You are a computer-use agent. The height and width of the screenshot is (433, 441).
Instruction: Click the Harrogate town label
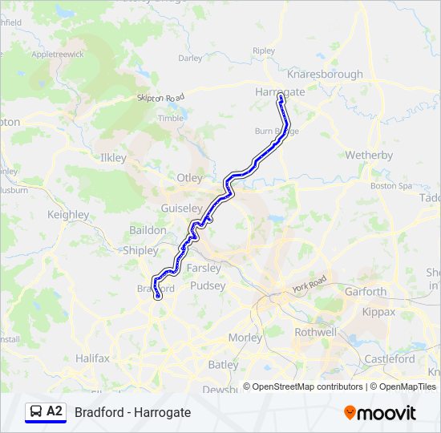click(280, 91)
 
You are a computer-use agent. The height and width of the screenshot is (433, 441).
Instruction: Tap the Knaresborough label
click(325, 74)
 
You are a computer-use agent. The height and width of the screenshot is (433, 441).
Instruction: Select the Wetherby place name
click(369, 155)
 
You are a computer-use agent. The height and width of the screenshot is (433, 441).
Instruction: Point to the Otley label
click(190, 177)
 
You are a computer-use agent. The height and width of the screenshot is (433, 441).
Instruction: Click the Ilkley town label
click(113, 158)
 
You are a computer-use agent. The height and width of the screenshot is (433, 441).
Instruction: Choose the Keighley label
click(68, 215)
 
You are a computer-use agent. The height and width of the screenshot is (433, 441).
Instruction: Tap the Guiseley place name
click(180, 207)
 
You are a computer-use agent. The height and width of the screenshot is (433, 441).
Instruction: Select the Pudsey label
click(208, 285)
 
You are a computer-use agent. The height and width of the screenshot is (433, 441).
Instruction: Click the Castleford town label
click(390, 359)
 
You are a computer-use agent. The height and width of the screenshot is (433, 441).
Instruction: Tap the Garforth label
click(366, 292)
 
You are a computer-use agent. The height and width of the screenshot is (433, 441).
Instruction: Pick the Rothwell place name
click(315, 332)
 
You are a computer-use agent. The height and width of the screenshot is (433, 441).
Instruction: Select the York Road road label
click(310, 283)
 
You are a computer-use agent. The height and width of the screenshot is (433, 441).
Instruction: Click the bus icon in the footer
click(35, 412)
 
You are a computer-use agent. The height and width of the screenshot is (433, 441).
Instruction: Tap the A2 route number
click(55, 412)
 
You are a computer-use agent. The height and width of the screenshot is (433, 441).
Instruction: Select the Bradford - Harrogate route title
click(133, 412)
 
